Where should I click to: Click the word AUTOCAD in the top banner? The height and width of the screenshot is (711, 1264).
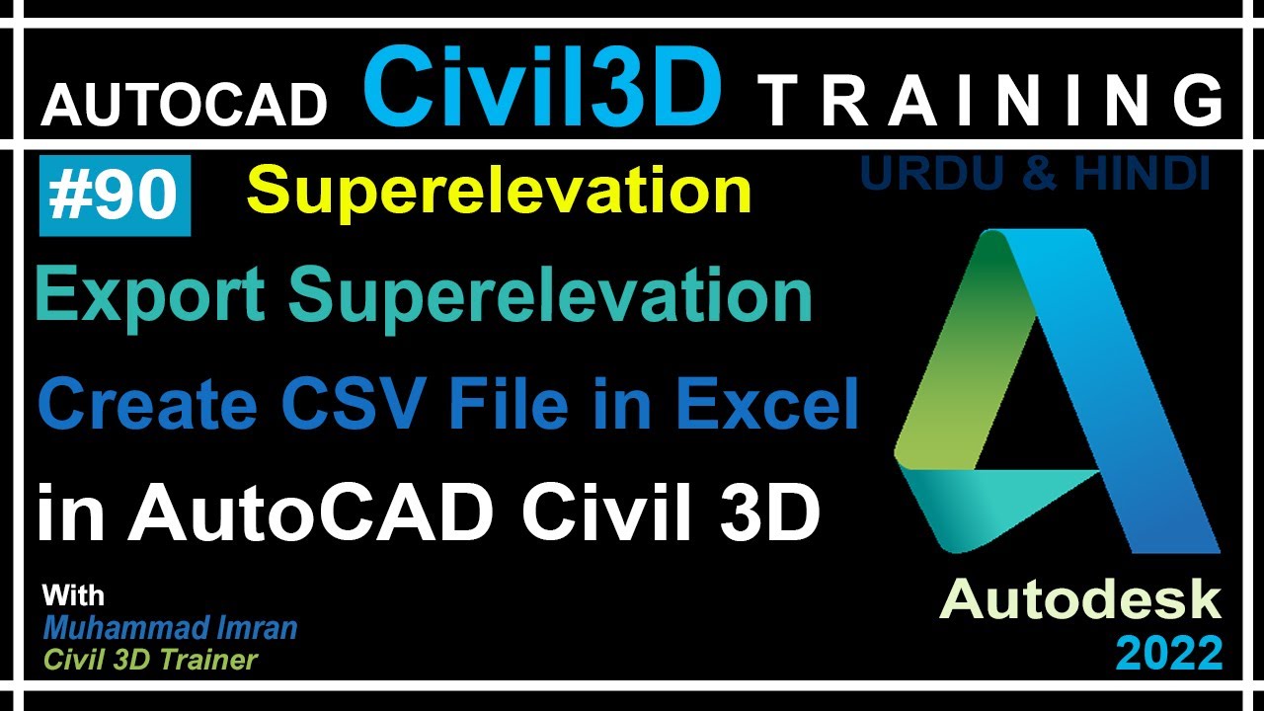pyautogui.click(x=184, y=103)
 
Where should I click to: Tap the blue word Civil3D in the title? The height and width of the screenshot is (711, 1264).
pyautogui.click(x=542, y=88)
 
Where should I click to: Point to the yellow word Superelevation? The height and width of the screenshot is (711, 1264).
pyautogui.click(x=499, y=191)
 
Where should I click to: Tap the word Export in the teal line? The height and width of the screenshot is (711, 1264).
pyautogui.click(x=149, y=294)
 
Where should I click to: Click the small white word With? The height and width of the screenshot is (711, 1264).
pyautogui.click(x=73, y=596)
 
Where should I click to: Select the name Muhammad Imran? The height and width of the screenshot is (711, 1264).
pyautogui.click(x=170, y=628)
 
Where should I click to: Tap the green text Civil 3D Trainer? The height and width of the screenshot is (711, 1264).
pyautogui.click(x=150, y=660)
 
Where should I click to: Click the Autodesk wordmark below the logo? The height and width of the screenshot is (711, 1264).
pyautogui.click(x=1080, y=600)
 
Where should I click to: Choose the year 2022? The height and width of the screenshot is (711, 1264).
pyautogui.click(x=1169, y=653)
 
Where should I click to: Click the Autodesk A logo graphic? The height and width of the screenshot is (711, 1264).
pyautogui.click(x=1057, y=395)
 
